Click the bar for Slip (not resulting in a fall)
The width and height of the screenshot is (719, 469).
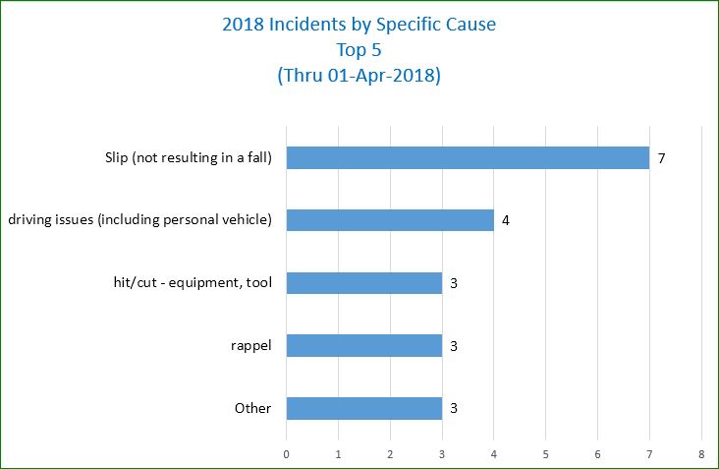point(468,157)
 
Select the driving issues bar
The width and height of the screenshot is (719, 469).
point(390,220)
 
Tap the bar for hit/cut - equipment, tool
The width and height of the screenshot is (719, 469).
point(363,283)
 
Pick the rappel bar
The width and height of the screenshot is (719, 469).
point(363,346)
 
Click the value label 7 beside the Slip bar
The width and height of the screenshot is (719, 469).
point(662,157)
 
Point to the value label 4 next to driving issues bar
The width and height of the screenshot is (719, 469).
point(506,220)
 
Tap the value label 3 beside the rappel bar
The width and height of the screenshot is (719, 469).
point(454,346)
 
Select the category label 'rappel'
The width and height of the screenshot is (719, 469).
point(252,346)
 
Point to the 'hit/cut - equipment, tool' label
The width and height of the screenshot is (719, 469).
point(193,283)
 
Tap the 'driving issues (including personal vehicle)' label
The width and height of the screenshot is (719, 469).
point(139,220)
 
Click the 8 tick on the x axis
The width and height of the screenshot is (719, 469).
point(701,454)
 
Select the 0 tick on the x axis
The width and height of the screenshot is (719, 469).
point(286,454)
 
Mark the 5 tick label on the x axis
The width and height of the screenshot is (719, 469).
point(546,454)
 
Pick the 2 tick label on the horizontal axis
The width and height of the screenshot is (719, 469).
point(390,454)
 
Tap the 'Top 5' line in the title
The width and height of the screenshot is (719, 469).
point(359,50)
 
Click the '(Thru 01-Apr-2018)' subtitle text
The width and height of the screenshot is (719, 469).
point(359,76)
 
